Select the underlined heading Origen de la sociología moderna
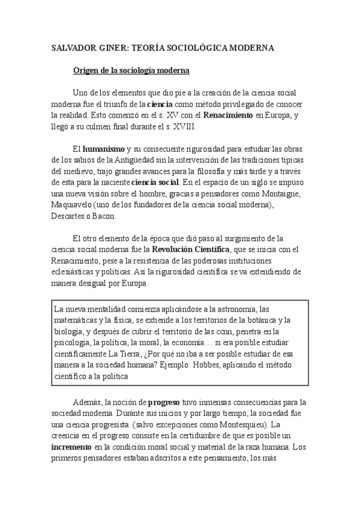pos(131,71)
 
